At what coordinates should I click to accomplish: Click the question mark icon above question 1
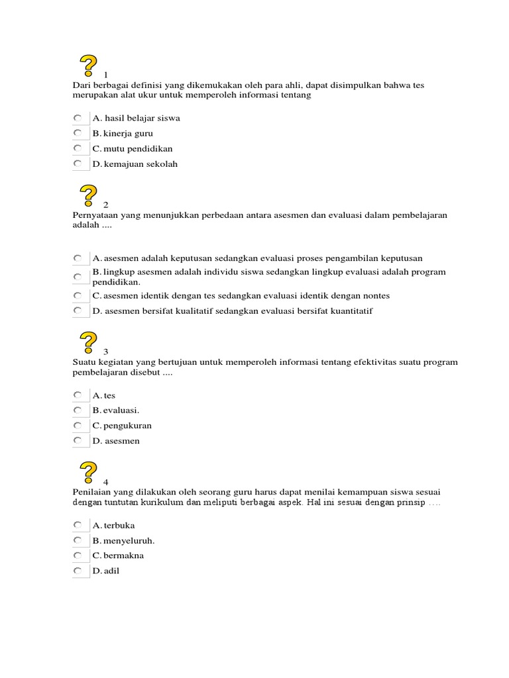(x=89, y=67)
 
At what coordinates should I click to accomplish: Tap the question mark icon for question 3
(x=89, y=343)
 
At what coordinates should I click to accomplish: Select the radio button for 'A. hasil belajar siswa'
(x=78, y=118)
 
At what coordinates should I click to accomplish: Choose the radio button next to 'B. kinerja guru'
(x=78, y=133)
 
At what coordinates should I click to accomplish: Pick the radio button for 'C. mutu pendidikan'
(x=78, y=148)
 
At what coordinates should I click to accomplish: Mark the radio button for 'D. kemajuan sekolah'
(x=78, y=164)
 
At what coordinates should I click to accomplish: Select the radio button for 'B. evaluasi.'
(x=78, y=410)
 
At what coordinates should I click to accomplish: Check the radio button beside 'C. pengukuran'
(x=78, y=425)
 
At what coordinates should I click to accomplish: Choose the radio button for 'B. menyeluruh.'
(x=78, y=540)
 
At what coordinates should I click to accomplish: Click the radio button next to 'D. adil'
(x=78, y=570)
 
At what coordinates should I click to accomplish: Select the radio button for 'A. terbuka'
(x=78, y=525)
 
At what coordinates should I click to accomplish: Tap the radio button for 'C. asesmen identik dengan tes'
(x=78, y=295)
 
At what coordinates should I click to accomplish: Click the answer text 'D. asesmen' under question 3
(x=116, y=441)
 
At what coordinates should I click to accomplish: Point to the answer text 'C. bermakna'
(x=118, y=556)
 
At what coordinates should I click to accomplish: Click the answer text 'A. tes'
(x=104, y=395)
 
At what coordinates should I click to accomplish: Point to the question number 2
(x=105, y=205)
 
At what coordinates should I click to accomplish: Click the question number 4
(x=105, y=481)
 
